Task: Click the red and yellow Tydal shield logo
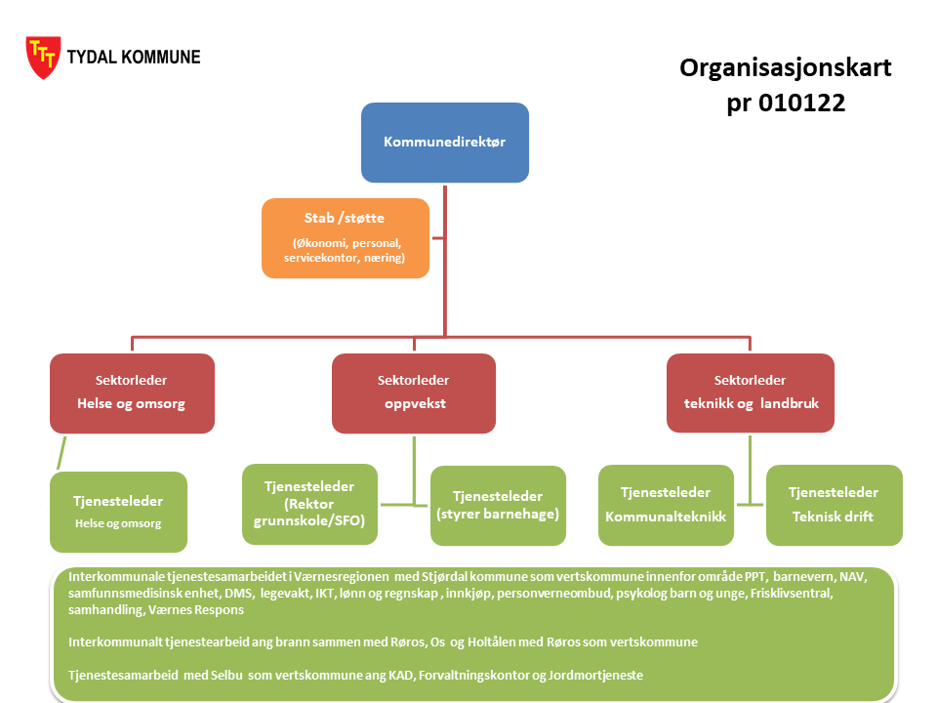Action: pyautogui.click(x=43, y=58)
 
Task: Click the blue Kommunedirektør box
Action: pyautogui.click(x=445, y=143)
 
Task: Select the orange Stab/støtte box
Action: pyautogui.click(x=346, y=238)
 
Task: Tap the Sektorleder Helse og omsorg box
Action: pyautogui.click(x=132, y=393)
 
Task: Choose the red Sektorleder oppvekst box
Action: pyautogui.click(x=414, y=393)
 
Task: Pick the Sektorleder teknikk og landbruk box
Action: pyautogui.click(x=751, y=393)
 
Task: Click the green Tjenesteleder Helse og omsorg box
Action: pyautogui.click(x=118, y=512)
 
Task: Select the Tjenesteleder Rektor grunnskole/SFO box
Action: pyautogui.click(x=309, y=504)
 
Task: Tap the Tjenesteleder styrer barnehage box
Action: pyautogui.click(x=498, y=505)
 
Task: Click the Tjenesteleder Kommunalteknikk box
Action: pyautogui.click(x=666, y=505)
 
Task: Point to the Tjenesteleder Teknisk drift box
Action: pyautogui.click(x=835, y=505)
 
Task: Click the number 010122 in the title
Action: pyautogui.click(x=802, y=103)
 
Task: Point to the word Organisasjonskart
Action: pyautogui.click(x=785, y=68)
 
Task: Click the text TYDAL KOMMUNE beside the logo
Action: pyautogui.click(x=134, y=58)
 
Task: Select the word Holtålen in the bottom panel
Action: pyautogui.click(x=491, y=642)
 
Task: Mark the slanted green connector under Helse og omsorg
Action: pyautogui.click(x=61, y=453)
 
